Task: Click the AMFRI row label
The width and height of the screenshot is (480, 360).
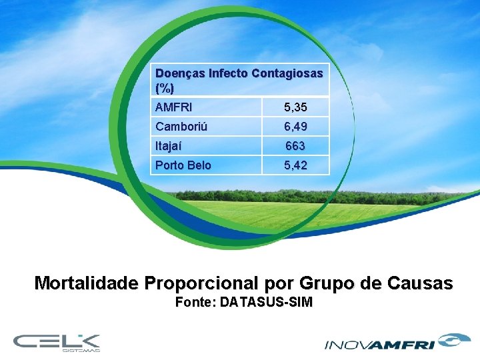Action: [x=172, y=107]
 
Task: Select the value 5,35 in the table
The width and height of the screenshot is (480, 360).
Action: [x=295, y=107]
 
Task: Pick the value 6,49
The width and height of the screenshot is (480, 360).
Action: [x=295, y=127]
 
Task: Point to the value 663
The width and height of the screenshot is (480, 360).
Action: [x=295, y=146]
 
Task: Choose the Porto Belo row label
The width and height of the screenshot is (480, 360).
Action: [x=183, y=165]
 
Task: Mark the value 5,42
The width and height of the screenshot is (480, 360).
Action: [x=295, y=165]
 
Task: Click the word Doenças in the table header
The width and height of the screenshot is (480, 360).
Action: [x=180, y=73]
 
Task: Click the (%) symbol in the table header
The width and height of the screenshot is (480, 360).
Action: [x=164, y=87]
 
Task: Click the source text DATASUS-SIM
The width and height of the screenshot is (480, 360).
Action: [x=266, y=303]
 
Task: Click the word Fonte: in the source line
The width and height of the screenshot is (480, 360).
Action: [x=195, y=303]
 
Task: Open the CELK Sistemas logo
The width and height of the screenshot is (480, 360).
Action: [x=57, y=342]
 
